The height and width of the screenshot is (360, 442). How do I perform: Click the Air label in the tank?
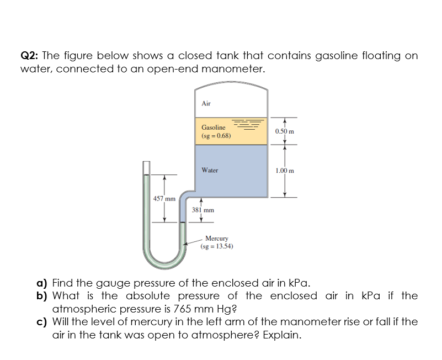tap(206, 103)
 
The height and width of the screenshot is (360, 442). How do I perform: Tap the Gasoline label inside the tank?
tap(213, 128)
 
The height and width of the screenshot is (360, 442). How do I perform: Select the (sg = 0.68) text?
tap(216, 135)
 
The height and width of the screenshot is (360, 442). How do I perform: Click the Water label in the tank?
tap(210, 170)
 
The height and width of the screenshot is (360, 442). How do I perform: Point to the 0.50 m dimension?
tap(285, 131)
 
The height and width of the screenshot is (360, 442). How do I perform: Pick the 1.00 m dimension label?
tap(285, 171)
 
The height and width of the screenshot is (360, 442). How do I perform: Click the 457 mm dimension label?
tap(164, 198)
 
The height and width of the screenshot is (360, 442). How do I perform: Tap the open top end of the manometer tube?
tap(146, 164)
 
